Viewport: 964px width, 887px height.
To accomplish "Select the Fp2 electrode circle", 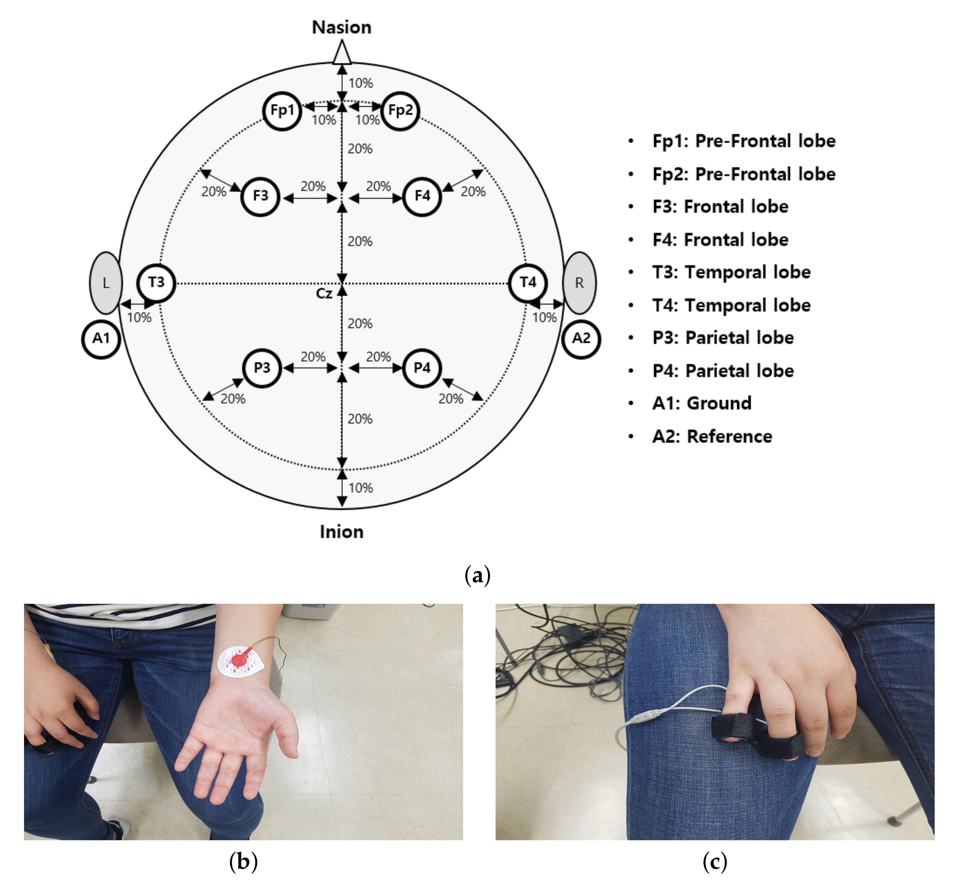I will pyautogui.click(x=400, y=111).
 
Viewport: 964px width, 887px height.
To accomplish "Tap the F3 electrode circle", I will pyautogui.click(x=261, y=196).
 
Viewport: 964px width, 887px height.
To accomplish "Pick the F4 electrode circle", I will pyautogui.click(x=422, y=196).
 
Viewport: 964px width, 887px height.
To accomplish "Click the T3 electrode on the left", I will pyautogui.click(x=156, y=283).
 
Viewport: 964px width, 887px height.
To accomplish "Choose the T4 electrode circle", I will pyautogui.click(x=528, y=283).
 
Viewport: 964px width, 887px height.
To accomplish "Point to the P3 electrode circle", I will pyautogui.click(x=262, y=368).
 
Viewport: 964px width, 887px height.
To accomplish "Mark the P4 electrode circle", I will pyautogui.click(x=422, y=368).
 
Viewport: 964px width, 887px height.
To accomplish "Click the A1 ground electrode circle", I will pyautogui.click(x=101, y=339).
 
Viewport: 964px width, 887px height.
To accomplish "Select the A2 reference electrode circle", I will pyautogui.click(x=581, y=339).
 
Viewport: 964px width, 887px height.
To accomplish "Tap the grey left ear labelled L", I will pyautogui.click(x=106, y=283).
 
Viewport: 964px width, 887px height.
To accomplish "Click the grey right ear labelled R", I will pyautogui.click(x=579, y=283).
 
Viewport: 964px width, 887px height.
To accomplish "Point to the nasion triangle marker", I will pyautogui.click(x=342, y=53).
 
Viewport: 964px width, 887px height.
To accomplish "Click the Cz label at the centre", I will pyautogui.click(x=324, y=293).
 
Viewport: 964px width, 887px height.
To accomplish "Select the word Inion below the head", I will pyautogui.click(x=342, y=532).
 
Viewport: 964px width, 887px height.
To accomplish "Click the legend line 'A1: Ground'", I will pyautogui.click(x=702, y=403).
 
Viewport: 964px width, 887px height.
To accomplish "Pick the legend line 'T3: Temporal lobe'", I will pyautogui.click(x=731, y=272).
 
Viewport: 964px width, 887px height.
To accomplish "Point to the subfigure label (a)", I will pyautogui.click(x=478, y=575).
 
